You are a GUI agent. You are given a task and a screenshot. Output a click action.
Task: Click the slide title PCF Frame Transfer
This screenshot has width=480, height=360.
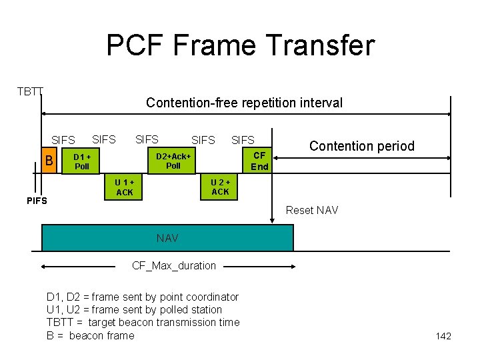pyautogui.click(x=240, y=46)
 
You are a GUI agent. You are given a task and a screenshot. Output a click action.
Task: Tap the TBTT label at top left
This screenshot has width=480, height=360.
pyautogui.click(x=29, y=91)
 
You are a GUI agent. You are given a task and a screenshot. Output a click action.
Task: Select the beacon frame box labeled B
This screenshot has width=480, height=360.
pyautogui.click(x=48, y=161)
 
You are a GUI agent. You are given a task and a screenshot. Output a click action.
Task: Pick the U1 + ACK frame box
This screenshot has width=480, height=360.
pyautogui.click(x=125, y=187)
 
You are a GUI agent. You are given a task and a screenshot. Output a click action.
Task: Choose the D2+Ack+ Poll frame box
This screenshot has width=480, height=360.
pyautogui.click(x=173, y=161)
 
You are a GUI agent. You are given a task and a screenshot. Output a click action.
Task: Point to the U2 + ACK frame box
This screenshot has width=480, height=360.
pyautogui.click(x=220, y=187)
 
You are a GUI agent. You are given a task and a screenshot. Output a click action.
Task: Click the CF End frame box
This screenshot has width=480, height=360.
pyautogui.click(x=259, y=161)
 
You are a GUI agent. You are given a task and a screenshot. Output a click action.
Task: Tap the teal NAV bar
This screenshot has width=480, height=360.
pyautogui.click(x=167, y=238)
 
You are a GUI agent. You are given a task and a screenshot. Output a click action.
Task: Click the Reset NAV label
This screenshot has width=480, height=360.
pyautogui.click(x=311, y=211)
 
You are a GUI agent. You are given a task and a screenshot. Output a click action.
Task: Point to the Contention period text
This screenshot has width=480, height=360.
pyautogui.click(x=361, y=146)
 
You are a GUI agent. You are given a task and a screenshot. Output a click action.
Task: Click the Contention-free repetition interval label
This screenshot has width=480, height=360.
pyautogui.click(x=244, y=103)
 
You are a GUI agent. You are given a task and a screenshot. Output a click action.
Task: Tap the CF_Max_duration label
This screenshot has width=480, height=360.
pyautogui.click(x=174, y=265)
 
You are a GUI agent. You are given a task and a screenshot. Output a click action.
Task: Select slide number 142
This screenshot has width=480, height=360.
pyautogui.click(x=443, y=336)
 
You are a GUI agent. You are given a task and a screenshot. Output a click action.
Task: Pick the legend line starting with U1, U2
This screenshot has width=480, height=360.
pyautogui.click(x=134, y=309)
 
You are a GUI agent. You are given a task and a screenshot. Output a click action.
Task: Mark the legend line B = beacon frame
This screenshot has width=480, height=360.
pyautogui.click(x=90, y=335)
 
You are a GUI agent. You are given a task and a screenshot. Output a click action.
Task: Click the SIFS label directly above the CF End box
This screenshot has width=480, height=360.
pyautogui.click(x=243, y=140)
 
